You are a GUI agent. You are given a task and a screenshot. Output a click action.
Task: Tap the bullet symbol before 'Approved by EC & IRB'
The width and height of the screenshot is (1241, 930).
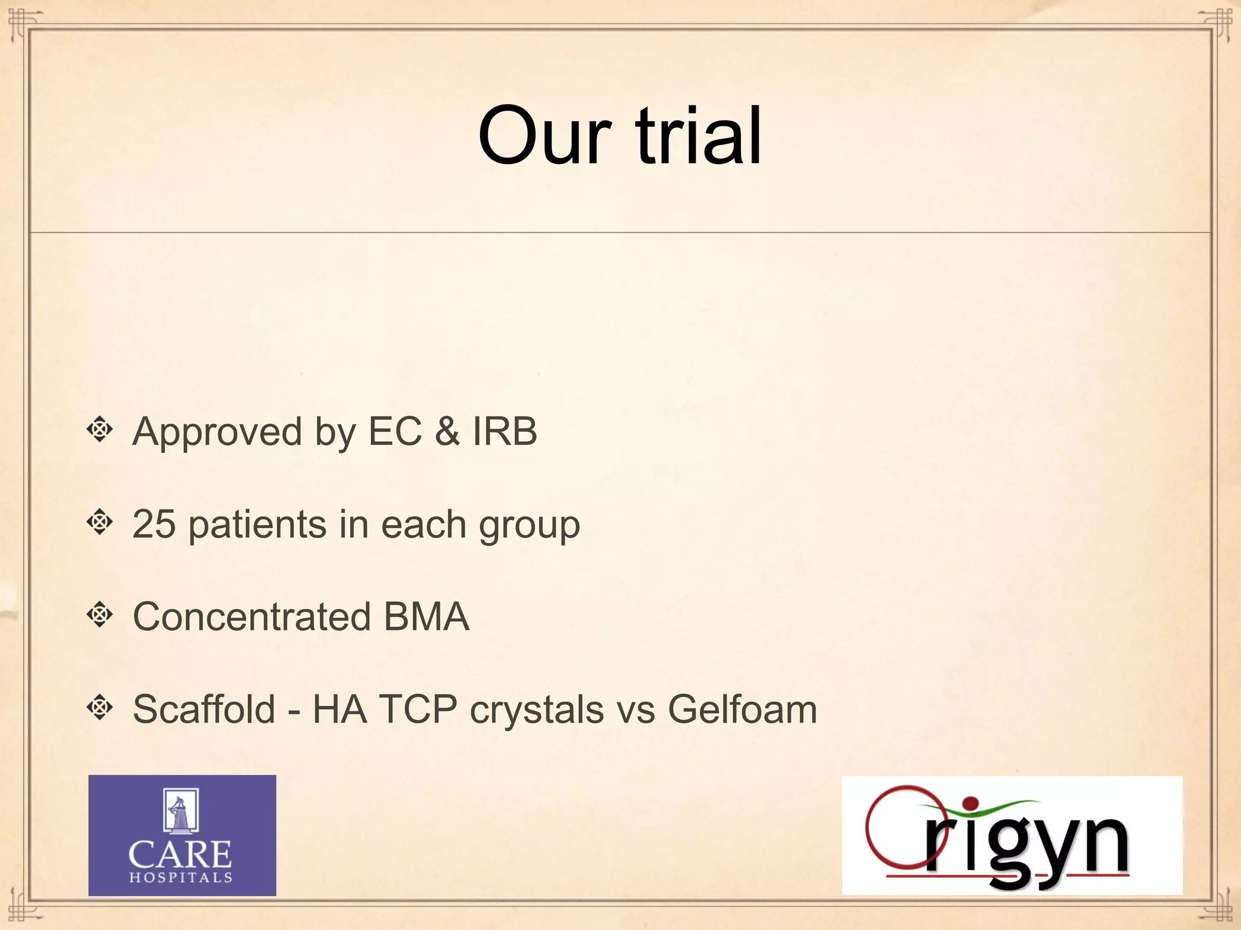[100, 430]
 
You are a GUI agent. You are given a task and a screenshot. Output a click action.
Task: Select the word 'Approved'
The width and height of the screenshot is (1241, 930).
[217, 432]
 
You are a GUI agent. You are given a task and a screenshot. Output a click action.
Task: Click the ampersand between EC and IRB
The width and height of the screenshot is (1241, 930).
[447, 431]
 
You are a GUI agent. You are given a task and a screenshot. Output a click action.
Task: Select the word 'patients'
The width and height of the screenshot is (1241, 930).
[257, 525]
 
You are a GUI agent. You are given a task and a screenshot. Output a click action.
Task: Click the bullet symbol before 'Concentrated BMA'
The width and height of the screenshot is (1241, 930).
[100, 615]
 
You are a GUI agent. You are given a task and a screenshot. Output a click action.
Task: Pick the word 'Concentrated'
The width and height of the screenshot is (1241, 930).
[251, 616]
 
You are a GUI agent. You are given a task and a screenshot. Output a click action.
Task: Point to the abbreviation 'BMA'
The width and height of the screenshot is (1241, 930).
[427, 616]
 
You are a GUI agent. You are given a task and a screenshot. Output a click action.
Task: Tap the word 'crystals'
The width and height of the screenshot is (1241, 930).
[537, 710]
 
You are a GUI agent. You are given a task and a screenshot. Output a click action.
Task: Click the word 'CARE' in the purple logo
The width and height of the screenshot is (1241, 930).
[180, 854]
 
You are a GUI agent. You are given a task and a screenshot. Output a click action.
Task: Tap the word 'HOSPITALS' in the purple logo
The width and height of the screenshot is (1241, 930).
[181, 877]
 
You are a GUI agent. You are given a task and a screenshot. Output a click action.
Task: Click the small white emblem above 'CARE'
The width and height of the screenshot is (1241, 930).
[181, 811]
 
